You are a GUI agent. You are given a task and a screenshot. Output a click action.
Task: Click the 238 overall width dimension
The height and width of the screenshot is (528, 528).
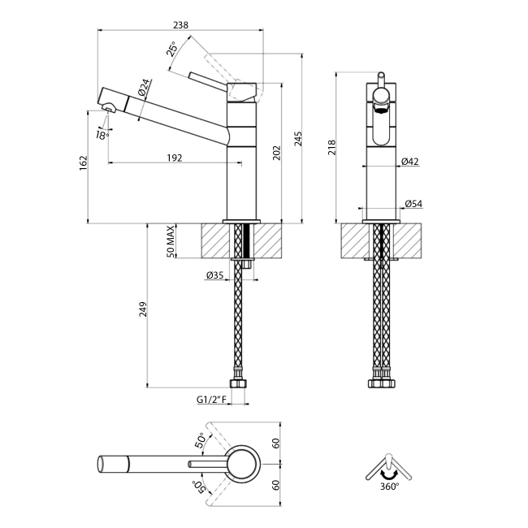click(180, 25)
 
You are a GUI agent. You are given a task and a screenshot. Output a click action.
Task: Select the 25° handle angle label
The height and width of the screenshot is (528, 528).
click(173, 50)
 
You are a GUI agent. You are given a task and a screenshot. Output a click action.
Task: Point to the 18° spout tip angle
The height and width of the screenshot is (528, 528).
click(102, 136)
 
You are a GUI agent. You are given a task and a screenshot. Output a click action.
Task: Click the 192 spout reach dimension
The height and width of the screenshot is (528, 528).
click(174, 158)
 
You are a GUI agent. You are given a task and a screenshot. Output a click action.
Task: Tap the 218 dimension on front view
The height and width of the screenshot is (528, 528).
click(331, 147)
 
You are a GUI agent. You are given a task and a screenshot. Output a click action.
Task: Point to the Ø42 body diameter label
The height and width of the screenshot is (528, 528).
click(409, 162)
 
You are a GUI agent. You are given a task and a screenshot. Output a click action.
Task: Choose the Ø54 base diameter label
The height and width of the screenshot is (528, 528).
click(413, 205)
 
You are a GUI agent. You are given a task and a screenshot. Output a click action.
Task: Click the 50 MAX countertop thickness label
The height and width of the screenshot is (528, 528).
click(171, 242)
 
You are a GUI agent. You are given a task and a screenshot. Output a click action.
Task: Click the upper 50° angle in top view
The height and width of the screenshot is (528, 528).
click(200, 441)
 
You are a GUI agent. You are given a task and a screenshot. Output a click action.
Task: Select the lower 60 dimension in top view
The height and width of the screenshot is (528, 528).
click(275, 484)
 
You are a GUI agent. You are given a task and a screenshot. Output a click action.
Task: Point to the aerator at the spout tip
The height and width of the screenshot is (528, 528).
click(106, 108)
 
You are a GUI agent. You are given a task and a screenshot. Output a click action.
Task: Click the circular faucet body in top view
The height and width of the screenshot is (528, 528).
click(243, 464)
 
